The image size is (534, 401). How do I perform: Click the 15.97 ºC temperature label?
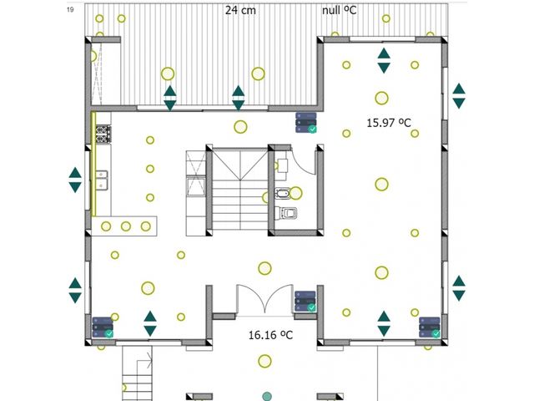pyautogui.click(x=389, y=123)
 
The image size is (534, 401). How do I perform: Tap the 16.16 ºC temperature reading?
pyautogui.click(x=270, y=335)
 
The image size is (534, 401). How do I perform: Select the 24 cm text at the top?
pyautogui.click(x=240, y=10)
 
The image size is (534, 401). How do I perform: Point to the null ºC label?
pyautogui.click(x=340, y=10)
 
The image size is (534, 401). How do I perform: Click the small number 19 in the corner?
pyautogui.click(x=70, y=9)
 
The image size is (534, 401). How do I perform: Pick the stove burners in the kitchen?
pyautogui.click(x=103, y=134)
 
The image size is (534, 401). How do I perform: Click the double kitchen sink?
pyautogui.click(x=102, y=180)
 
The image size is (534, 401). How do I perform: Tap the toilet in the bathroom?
pyautogui.click(x=286, y=213)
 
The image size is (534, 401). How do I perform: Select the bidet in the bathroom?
pyautogui.click(x=282, y=193)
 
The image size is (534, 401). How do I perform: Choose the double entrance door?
pyautogui.click(x=265, y=299)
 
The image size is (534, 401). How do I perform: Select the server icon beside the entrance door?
pyautogui.click(x=305, y=301)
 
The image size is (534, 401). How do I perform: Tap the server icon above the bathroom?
pyautogui.click(x=306, y=123)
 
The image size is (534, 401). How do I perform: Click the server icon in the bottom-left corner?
pyautogui.click(x=103, y=327)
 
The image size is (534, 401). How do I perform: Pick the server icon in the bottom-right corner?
pyautogui.click(x=430, y=327)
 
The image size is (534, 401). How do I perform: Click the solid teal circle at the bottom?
pyautogui.click(x=267, y=397)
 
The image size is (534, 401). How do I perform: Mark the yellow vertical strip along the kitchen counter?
pyautogui.click(x=93, y=165)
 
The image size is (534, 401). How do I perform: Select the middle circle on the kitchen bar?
pyautogui.click(x=126, y=226)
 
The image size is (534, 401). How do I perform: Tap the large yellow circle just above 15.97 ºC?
pyautogui.click(x=382, y=99)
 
